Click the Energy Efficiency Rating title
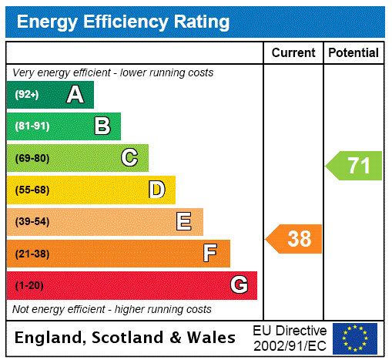pyautogui.click(x=123, y=22)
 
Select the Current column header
pyautogui.click(x=293, y=52)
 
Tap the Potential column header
pyautogui.click(x=353, y=52)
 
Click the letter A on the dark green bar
pyautogui.click(x=75, y=95)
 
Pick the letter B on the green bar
pyautogui.click(x=102, y=126)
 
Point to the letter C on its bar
pyautogui.click(x=129, y=158)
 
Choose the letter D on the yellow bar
pyautogui.click(x=156, y=190)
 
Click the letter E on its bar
pyautogui.click(x=184, y=222)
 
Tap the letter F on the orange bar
pyautogui.click(x=209, y=254)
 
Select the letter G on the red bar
pyautogui.click(x=239, y=285)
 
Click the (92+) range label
pyautogui.click(x=27, y=95)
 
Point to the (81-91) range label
pyautogui.click(x=32, y=126)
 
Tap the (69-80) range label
pyautogui.click(x=32, y=158)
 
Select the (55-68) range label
pyautogui.click(x=32, y=190)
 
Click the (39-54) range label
pyautogui.click(x=32, y=222)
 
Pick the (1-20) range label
pyautogui.click(x=29, y=285)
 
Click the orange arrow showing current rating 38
pyautogui.click(x=294, y=239)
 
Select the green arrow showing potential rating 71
pyautogui.click(x=354, y=166)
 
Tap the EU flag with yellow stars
pyautogui.click(x=355, y=338)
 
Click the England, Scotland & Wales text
pyautogui.click(x=126, y=338)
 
